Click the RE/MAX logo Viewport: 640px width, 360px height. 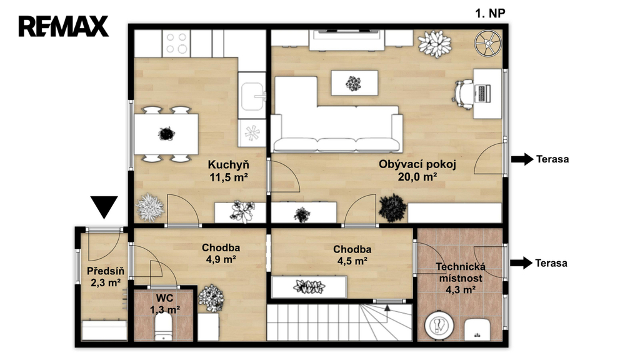pyautogui.click(x=63, y=26)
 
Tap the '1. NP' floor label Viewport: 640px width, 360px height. pyautogui.click(x=490, y=14)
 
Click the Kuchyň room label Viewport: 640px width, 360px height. pyautogui.click(x=229, y=171)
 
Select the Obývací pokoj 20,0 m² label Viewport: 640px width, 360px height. pyautogui.click(x=417, y=170)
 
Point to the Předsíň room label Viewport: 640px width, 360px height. pyautogui.click(x=105, y=277)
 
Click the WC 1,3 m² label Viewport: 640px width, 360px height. pyautogui.click(x=165, y=304)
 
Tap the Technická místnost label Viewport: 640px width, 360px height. pyautogui.click(x=461, y=278)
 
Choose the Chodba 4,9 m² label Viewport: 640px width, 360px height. pyautogui.click(x=221, y=254)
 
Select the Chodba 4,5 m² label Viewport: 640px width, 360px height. pyautogui.click(x=352, y=255)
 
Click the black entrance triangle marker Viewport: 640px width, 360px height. pyautogui.click(x=104, y=206)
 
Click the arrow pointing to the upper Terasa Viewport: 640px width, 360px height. pyautogui.click(x=522, y=159)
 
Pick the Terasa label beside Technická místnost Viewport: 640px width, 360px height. pyautogui.click(x=551, y=263)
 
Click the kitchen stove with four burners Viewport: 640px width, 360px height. pyautogui.click(x=176, y=43)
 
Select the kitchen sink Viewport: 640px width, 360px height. pyautogui.click(x=252, y=96)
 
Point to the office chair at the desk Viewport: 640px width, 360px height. pyautogui.click(x=463, y=94)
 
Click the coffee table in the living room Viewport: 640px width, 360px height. pyautogui.click(x=354, y=83)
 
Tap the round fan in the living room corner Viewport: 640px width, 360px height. pyautogui.click(x=487, y=43)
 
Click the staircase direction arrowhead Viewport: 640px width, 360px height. pyautogui.click(x=387, y=307)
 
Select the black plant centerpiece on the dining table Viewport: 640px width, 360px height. pyautogui.click(x=166, y=134)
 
